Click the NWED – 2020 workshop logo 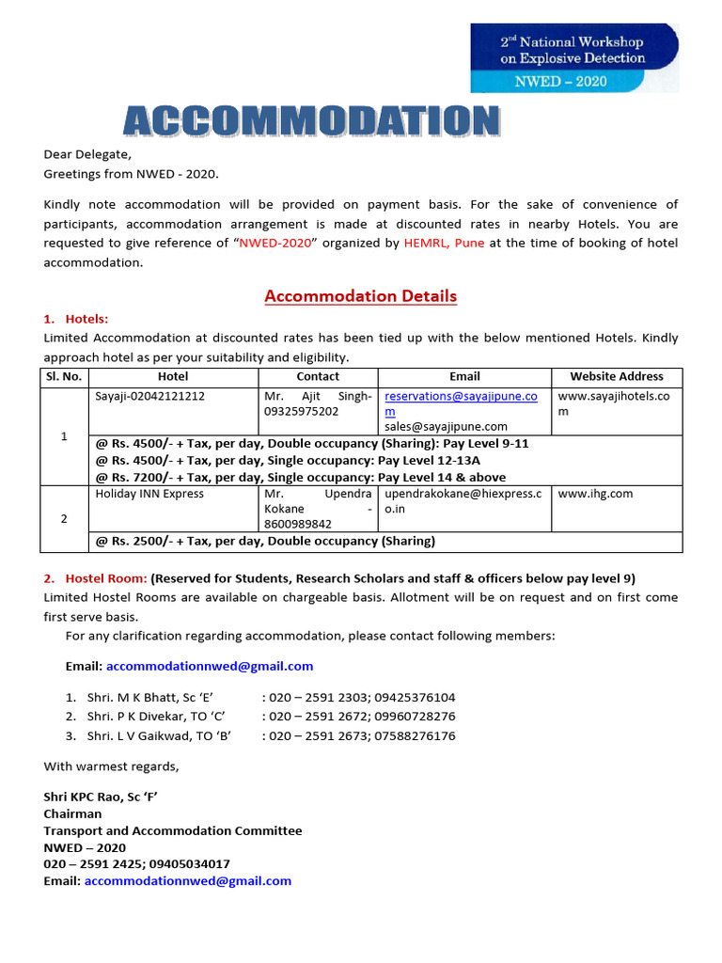[x=573, y=57]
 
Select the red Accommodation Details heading [x=360, y=296]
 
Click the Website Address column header [x=616, y=376]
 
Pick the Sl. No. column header [x=64, y=376]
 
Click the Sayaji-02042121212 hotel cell [x=149, y=397]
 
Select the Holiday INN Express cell [x=149, y=494]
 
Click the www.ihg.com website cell [x=595, y=494]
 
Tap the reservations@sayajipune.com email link [x=461, y=397]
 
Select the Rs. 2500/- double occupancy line [x=265, y=541]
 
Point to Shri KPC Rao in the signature [x=100, y=797]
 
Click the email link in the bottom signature [x=187, y=881]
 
